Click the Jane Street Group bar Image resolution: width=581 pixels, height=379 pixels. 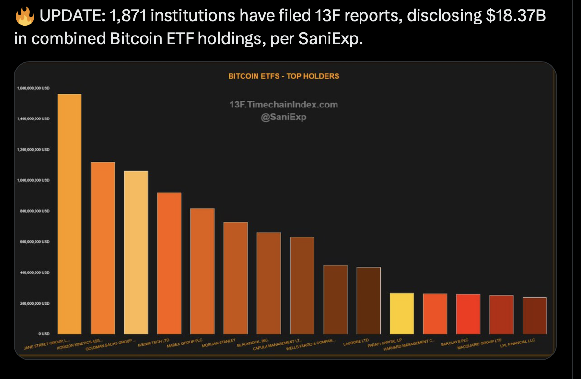click(69, 213)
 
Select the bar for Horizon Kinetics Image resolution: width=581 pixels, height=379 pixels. click(103, 248)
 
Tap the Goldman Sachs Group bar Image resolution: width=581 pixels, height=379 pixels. click(136, 252)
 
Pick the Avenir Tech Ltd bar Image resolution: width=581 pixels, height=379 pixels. click(169, 263)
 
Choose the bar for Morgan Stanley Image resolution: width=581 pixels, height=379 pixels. click(235, 278)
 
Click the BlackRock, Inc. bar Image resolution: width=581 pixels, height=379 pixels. click(269, 283)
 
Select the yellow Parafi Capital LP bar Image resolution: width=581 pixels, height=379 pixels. click(402, 313)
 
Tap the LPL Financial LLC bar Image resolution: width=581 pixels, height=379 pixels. click(535, 316)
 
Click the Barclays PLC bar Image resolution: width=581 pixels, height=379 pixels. click(468, 314)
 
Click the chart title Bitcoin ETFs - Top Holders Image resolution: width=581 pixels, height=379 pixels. click(283, 76)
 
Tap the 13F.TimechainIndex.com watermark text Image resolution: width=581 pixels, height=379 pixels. click(283, 105)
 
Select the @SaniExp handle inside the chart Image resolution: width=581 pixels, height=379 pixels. click(283, 117)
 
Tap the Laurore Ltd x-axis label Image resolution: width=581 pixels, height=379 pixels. click(355, 343)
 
